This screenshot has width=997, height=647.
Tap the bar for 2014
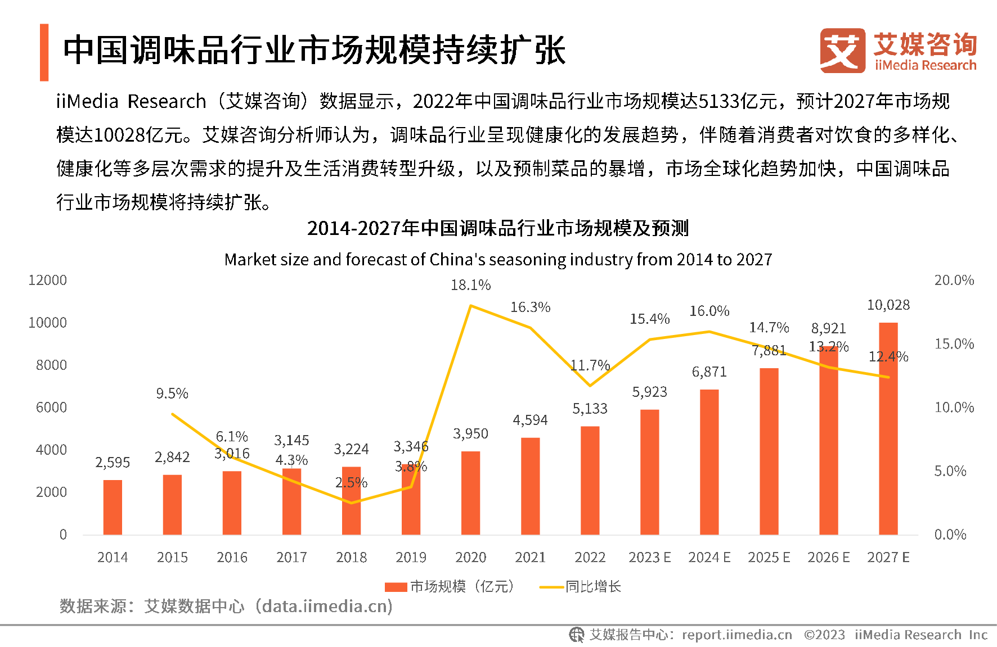click(113, 507)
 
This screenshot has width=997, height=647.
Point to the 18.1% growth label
click(470, 286)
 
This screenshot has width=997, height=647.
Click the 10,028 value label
click(888, 305)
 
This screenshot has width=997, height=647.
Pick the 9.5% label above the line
click(172, 393)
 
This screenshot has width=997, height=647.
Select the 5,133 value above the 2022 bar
click(590, 409)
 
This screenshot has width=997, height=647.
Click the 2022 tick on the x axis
click(590, 557)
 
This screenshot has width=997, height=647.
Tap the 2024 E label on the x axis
click(709, 557)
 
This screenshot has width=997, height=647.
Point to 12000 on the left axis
click(48, 280)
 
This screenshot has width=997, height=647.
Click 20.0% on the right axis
click(954, 280)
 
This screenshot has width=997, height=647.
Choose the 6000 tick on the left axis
click(51, 407)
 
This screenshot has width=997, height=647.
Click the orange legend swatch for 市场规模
click(396, 587)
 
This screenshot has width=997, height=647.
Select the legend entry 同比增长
click(593, 587)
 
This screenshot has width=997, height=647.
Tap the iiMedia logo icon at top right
click(842, 51)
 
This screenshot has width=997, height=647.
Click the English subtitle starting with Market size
click(498, 259)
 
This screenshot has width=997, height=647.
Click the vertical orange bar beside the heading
click(44, 52)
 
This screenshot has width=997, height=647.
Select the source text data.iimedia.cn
click(327, 606)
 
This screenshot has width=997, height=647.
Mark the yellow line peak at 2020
click(470, 306)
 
